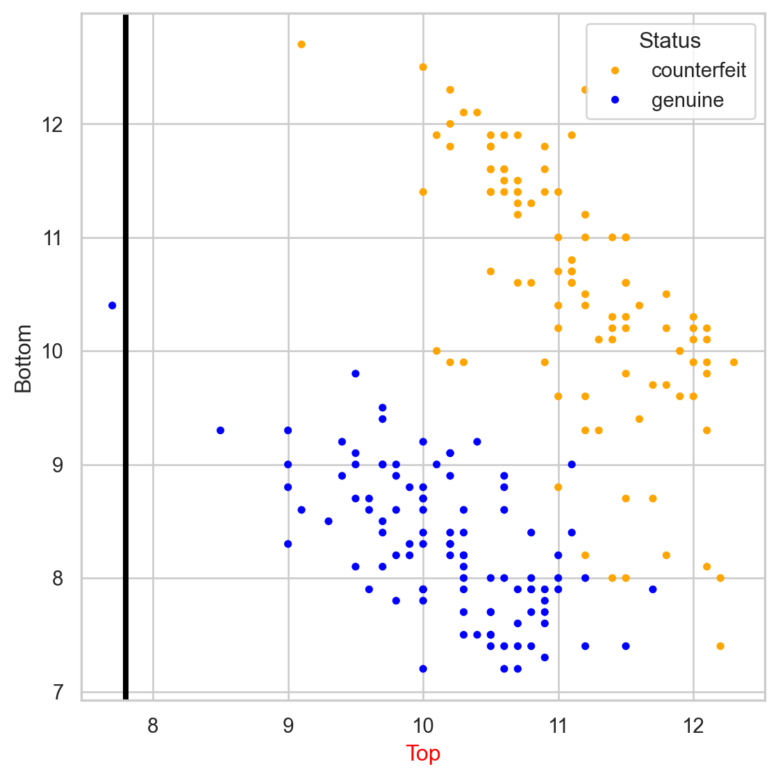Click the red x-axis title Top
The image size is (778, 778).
[423, 753]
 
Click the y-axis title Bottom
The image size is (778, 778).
[24, 358]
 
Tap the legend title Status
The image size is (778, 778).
[670, 40]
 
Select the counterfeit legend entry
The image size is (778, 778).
[698, 70]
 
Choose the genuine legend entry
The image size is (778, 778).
[687, 101]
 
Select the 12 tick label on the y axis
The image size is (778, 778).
[53, 124]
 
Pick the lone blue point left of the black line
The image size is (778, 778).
[113, 306]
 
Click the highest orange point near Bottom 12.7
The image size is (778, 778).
[301, 44]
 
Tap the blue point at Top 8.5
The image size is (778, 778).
[220, 431]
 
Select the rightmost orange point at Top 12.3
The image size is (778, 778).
[734, 363]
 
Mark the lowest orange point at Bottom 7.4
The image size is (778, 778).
[720, 646]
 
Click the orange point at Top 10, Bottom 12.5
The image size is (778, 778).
[423, 67]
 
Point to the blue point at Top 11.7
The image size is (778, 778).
[653, 590]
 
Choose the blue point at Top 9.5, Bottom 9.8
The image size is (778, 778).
[356, 374]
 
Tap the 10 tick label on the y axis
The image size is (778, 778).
[53, 351]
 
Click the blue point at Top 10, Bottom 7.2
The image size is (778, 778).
[423, 669]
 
